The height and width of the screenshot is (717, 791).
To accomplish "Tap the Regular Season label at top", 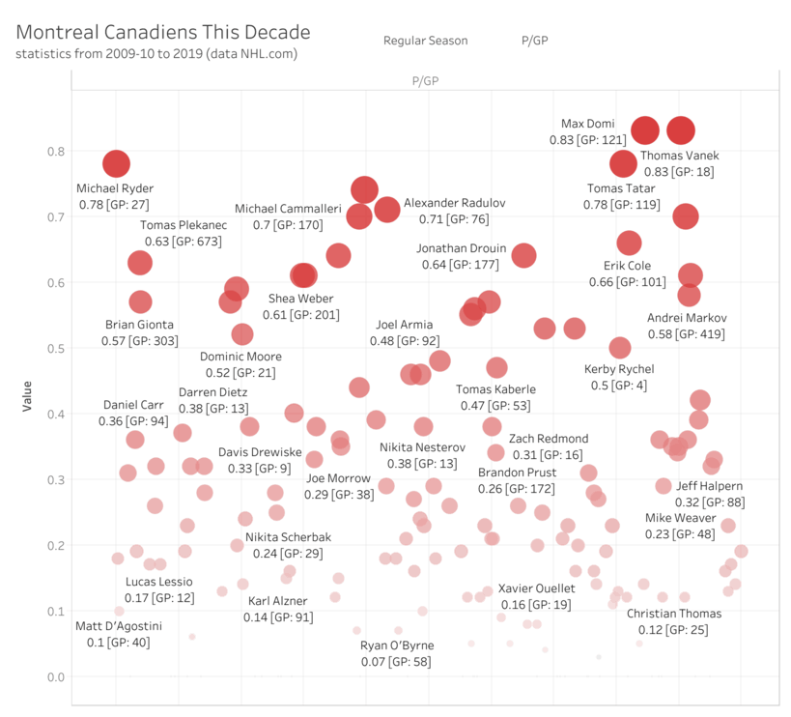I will pos(425,41).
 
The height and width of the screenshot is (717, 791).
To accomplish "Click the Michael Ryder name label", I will pos(115,188).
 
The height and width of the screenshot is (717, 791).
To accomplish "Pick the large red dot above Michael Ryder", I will pos(116,163).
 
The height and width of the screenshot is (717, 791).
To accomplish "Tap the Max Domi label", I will pos(581,124).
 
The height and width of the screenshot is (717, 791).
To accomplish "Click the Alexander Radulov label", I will pos(454,204).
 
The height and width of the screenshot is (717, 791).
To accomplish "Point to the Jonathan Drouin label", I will pos(461,248).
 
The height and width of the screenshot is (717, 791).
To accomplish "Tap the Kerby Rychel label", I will pos(619,369).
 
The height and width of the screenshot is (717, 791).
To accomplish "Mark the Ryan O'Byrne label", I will pos(396,645).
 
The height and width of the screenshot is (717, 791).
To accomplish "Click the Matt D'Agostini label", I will pos(119,626).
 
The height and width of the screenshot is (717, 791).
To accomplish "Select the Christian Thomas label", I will pos(667,614).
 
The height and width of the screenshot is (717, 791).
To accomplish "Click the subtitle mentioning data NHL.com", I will pos(156,54).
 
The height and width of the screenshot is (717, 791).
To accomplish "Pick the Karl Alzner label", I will pos(278,601).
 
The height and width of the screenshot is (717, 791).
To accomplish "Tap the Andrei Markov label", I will pos(688,318).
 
